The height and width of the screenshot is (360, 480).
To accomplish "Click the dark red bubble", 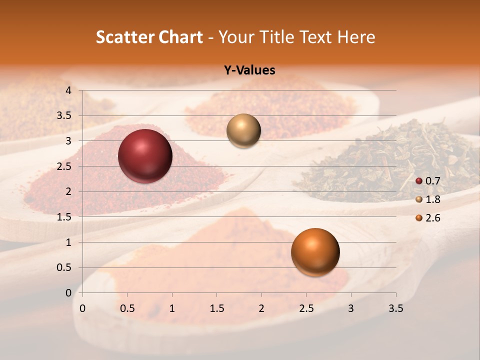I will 145,155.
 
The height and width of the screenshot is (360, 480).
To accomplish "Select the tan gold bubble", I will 243,130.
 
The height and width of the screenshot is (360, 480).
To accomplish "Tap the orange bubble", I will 315,252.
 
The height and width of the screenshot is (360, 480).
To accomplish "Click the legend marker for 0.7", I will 419,181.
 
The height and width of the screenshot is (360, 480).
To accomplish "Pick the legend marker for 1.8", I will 419,199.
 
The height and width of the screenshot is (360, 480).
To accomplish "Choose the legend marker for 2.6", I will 419,218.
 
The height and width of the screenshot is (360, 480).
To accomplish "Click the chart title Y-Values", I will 249,70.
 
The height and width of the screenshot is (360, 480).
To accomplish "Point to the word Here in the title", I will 356,37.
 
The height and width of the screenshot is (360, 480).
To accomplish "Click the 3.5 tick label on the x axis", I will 395,308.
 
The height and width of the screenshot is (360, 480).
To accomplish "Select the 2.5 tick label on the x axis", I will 306,308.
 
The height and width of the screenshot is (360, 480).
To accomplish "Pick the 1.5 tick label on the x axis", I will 216,308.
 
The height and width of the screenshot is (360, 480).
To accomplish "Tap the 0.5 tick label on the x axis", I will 127,308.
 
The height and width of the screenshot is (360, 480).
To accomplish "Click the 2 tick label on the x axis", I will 261,308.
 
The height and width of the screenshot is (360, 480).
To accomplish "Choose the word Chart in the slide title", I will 180,37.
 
